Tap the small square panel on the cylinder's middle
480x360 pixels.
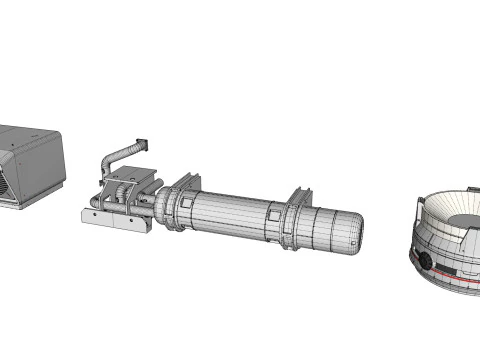coord(273,214)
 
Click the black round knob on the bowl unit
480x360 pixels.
coord(425,263)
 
